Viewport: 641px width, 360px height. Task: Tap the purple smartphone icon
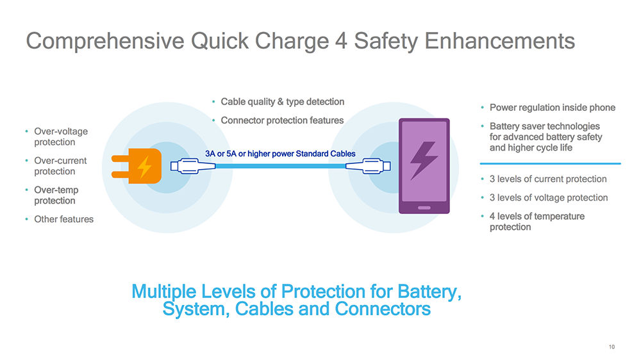pos(422,165)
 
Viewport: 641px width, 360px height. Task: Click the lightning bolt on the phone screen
pos(423,160)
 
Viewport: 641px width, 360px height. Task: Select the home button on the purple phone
pos(423,207)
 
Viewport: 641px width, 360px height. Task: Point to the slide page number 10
pos(612,347)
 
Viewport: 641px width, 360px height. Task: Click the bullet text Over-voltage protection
pos(61,136)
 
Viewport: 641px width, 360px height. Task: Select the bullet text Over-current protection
pos(60,166)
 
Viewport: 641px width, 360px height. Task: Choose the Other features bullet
pos(63,219)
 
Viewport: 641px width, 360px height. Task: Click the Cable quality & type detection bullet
pos(282,102)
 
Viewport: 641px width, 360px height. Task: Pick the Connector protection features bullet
pos(282,120)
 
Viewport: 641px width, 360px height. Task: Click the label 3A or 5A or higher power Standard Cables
pos(279,154)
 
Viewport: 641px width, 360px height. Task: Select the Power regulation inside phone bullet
pos(552,108)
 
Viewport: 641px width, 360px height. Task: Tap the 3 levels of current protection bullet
pos(547,179)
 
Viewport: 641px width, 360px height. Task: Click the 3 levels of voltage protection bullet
pos(548,198)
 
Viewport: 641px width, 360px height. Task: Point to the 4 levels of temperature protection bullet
pos(537,222)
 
